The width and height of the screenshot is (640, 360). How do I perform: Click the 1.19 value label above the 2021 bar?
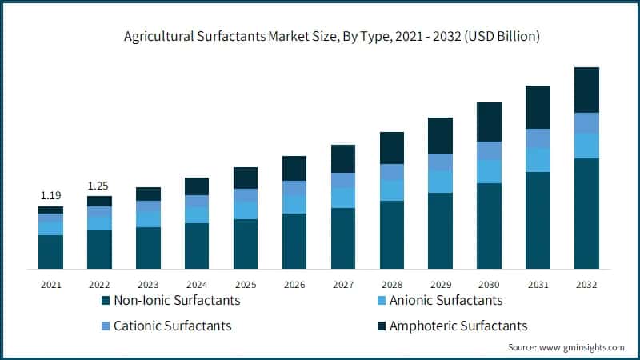coord(50,195)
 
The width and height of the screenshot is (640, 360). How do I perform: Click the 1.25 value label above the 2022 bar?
coord(99,186)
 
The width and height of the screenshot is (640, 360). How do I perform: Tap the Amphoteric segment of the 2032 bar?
coord(586,90)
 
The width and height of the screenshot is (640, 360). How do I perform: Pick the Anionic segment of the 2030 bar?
coord(489,171)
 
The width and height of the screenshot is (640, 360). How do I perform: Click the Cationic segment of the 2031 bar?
coord(538,138)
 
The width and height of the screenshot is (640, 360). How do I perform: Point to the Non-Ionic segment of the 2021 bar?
coord(50,251)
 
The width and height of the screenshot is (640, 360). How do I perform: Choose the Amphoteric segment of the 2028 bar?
coord(391,148)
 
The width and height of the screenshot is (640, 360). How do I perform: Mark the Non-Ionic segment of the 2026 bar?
coord(294,240)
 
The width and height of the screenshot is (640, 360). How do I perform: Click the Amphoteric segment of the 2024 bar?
coord(197,186)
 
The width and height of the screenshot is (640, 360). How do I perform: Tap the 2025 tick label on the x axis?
coord(245,284)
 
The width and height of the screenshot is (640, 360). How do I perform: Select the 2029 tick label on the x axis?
coord(440,284)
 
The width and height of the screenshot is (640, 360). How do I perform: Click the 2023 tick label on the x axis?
coord(148,284)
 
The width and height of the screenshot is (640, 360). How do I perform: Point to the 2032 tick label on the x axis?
coord(586,284)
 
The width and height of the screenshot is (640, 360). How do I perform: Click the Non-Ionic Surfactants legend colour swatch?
coord(106,301)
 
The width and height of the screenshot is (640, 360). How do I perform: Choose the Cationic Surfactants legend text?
coord(173,326)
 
